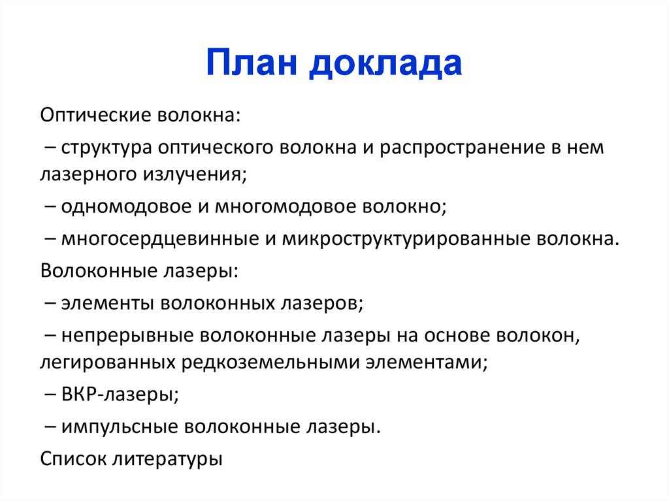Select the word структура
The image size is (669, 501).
tap(107, 148)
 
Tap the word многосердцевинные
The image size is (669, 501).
tap(160, 238)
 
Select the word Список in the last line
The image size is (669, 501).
tap(73, 458)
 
